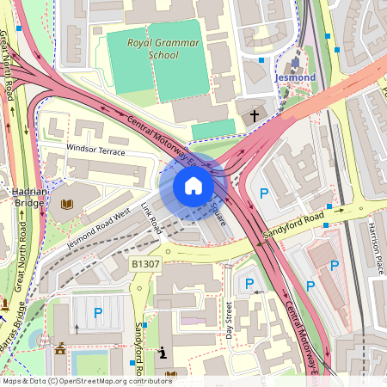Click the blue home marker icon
click(x=193, y=186)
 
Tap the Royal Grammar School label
click(x=151, y=48)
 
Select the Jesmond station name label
click(x=295, y=77)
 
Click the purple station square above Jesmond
click(x=295, y=63)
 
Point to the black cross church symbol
click(x=255, y=114)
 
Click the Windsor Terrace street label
click(x=95, y=150)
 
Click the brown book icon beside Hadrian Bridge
click(x=67, y=205)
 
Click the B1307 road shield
click(x=146, y=263)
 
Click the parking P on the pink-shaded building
click(x=335, y=266)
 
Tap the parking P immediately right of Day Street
click(x=249, y=283)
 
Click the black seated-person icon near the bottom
click(x=163, y=352)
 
